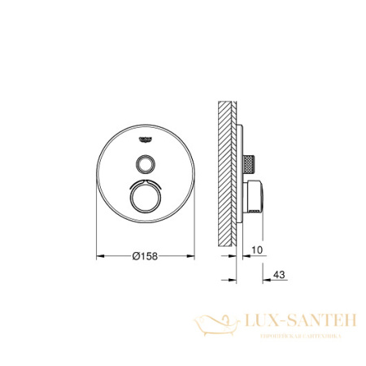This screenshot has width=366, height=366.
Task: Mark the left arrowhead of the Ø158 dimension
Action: coord(100,258)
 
